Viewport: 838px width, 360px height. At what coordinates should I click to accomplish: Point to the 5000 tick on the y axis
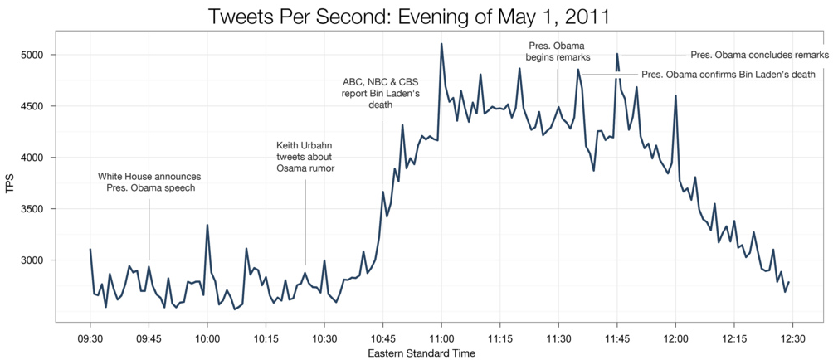pyautogui.click(x=33, y=55)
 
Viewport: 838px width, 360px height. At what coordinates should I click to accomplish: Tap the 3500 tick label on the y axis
pyautogui.click(x=33, y=209)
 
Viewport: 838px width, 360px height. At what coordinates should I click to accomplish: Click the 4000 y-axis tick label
pyautogui.click(x=33, y=158)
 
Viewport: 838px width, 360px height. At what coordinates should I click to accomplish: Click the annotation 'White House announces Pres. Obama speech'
pyautogui.click(x=149, y=182)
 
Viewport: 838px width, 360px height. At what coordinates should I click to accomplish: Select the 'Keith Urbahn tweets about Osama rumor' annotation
pyautogui.click(x=305, y=157)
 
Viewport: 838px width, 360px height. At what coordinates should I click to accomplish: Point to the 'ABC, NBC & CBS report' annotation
pyautogui.click(x=382, y=93)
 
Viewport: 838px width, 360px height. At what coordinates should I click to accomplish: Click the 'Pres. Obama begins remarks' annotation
pyautogui.click(x=558, y=51)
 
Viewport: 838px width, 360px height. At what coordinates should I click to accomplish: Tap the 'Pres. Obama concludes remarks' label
pyautogui.click(x=759, y=55)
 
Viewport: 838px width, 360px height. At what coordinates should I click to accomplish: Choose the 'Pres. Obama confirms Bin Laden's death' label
pyautogui.click(x=729, y=75)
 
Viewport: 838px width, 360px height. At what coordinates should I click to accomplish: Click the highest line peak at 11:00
pyautogui.click(x=441, y=44)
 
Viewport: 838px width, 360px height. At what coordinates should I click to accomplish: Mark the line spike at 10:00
pyautogui.click(x=207, y=225)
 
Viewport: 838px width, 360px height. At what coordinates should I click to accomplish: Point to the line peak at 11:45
pyautogui.click(x=616, y=54)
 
